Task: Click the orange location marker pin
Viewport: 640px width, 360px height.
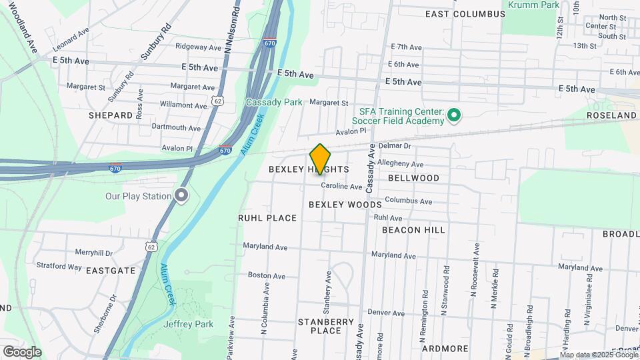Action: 321,159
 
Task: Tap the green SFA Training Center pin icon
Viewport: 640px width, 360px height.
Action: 454,115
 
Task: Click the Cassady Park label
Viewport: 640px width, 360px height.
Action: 273,102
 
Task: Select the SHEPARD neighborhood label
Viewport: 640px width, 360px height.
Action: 111,115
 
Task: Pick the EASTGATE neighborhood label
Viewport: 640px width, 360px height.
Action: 111,271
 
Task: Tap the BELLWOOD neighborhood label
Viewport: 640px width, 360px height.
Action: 413,178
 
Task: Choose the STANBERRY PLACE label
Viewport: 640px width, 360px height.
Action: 326,326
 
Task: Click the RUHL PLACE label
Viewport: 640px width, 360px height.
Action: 267,218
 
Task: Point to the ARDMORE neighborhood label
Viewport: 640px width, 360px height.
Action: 445,349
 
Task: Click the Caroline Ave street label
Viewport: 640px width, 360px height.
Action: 341,187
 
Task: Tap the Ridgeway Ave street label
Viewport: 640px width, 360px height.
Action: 198,47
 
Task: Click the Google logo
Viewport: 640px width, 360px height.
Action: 22,352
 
